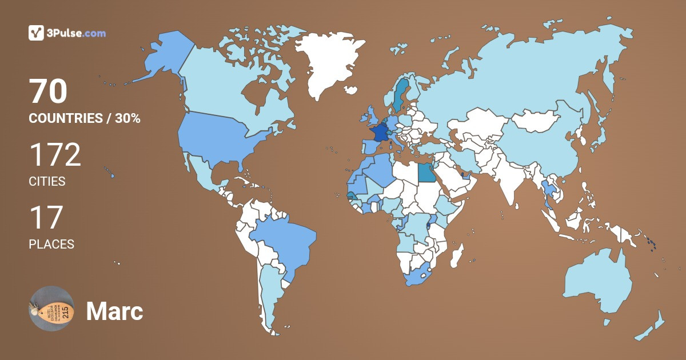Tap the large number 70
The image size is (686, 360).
pos(49,91)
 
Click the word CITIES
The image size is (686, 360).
pos(47,182)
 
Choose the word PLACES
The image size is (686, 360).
pos(51,244)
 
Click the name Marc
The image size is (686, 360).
pos(114,311)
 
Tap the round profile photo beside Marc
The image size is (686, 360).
pos(51,309)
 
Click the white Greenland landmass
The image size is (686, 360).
pos(332,63)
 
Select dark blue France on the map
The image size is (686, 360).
pos(378,132)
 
